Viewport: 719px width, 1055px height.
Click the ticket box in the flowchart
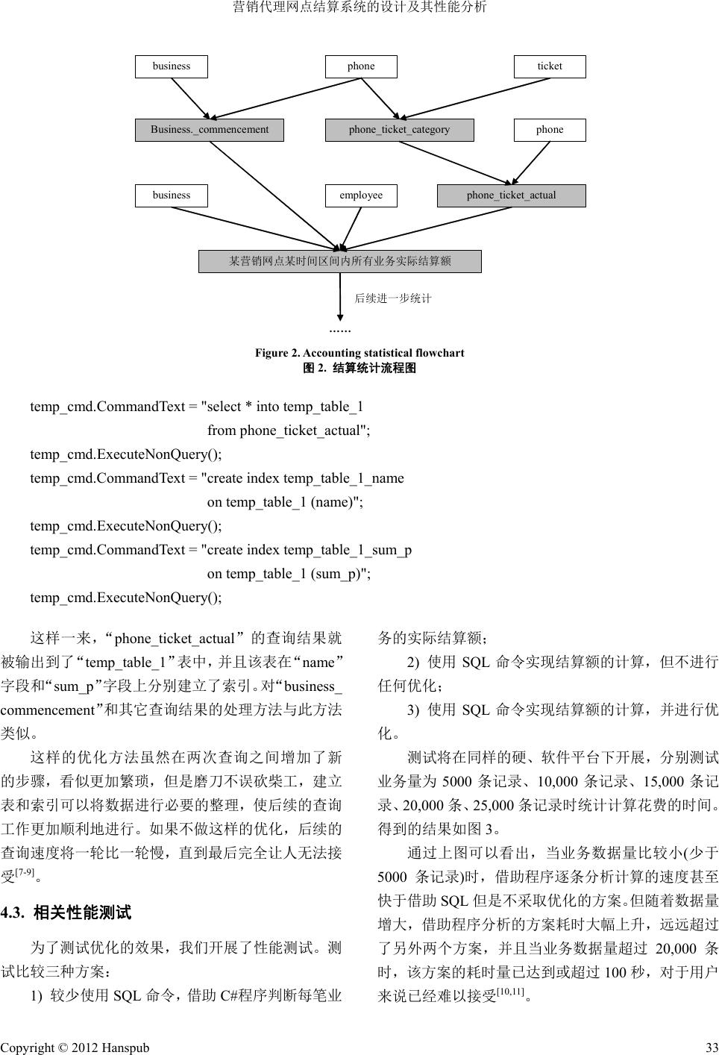(550, 66)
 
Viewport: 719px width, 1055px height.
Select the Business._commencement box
(210, 130)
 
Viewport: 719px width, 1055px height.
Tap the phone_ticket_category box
(399, 130)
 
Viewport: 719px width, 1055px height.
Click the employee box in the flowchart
(361, 195)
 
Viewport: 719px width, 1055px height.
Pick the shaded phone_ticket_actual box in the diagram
(511, 195)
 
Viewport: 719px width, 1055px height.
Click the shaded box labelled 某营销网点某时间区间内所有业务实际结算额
(340, 261)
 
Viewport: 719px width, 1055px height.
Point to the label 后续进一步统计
(393, 298)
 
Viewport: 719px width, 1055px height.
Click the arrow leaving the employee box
(351, 227)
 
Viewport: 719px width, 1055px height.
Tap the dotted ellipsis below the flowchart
(340, 329)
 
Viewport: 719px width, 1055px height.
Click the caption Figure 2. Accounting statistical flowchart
(359, 353)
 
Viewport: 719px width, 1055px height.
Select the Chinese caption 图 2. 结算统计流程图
(359, 368)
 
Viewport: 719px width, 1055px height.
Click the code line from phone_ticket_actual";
(288, 431)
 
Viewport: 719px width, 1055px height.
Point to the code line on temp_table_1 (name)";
(285, 502)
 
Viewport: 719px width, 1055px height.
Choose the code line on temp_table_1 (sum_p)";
(289, 574)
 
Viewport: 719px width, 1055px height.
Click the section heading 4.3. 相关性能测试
(66, 912)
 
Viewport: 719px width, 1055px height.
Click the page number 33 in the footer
(712, 1048)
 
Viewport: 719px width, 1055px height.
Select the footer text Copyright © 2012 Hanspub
(75, 1048)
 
